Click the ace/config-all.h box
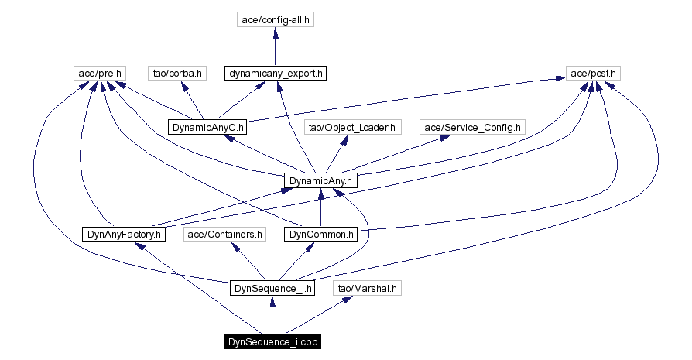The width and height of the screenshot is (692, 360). coord(276,20)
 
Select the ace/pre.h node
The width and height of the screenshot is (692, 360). coord(100,74)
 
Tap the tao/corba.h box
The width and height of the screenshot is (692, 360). coord(177,74)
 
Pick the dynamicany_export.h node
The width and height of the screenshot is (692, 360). coord(276,74)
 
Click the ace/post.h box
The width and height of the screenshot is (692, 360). coord(593,74)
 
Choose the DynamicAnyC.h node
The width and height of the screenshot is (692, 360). coord(207,128)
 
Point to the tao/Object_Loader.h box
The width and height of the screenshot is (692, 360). coord(352,128)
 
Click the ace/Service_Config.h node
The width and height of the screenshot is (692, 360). coord(472,128)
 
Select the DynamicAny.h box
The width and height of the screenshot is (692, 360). coord(320,181)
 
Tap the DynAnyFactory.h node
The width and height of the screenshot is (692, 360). coord(124,235)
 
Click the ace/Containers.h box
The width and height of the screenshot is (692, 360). coord(224,235)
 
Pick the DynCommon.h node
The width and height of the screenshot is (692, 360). coord(321,235)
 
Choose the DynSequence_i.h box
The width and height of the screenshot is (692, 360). coord(272,289)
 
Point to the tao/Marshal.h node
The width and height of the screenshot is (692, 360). coord(367,289)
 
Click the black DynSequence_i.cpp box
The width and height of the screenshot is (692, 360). coord(272,342)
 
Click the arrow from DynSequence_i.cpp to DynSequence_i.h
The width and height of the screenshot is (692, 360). coord(272,315)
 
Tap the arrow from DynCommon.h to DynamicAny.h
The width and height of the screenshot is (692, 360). coord(321,207)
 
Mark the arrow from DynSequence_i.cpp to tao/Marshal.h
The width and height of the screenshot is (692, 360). coord(319,314)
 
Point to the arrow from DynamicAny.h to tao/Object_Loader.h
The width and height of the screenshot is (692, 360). coord(337,154)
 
